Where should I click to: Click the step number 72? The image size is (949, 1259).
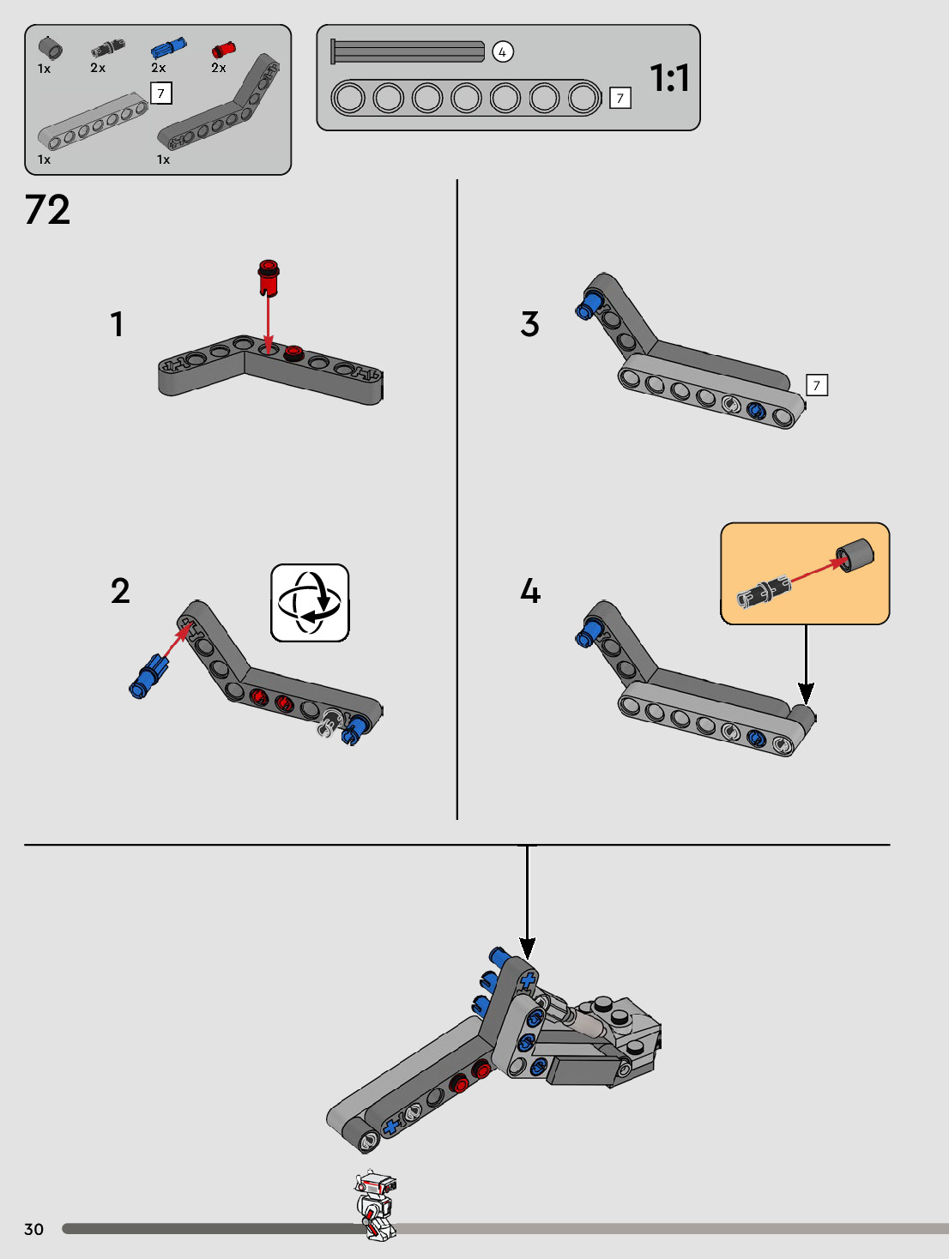(x=47, y=209)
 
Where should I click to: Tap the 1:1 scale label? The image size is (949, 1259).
(x=669, y=78)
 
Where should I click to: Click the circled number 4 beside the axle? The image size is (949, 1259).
(x=503, y=52)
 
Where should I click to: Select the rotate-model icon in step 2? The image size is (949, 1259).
(x=310, y=602)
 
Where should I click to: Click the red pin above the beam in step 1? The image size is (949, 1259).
(x=269, y=278)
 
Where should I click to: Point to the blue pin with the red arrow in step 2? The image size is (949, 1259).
(x=148, y=677)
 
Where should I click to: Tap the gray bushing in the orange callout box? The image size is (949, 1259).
(x=855, y=554)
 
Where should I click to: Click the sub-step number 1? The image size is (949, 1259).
(x=117, y=324)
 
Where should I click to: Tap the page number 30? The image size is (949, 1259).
(x=33, y=1229)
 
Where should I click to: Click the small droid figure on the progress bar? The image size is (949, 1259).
(x=375, y=1205)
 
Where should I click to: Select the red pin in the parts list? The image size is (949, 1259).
(x=223, y=50)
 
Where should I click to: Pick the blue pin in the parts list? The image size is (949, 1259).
(x=168, y=48)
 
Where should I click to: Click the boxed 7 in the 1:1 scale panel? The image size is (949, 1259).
(x=620, y=98)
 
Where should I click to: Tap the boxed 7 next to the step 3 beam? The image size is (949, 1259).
(x=817, y=385)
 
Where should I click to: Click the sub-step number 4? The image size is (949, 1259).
(x=530, y=591)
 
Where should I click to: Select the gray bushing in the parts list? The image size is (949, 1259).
(x=51, y=48)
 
